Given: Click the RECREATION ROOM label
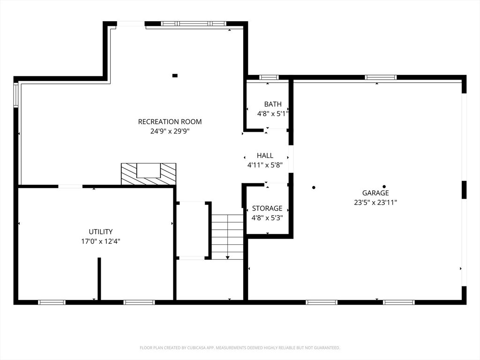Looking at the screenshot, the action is coord(170,121).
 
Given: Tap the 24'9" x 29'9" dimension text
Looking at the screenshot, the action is coord(170,131).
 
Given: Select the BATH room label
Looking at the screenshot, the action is coord(273,104).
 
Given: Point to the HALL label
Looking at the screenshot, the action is coord(265,155).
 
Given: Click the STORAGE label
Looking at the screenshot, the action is coord(267,208).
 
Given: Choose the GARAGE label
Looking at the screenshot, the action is coord(375,193).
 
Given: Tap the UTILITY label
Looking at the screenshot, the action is coord(101,232).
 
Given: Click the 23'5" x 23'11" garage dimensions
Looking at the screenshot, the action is coord(375,202).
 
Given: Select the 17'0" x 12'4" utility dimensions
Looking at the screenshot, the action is coord(101,241).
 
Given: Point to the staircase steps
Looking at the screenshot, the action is coord(227,237).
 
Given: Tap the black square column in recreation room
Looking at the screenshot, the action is coord(175,75).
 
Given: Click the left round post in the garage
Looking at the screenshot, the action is coord(314,187).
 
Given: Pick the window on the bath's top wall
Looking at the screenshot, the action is coord(269,77).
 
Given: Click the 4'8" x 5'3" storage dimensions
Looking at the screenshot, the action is coord(267,218).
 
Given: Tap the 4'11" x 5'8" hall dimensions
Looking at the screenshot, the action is coord(265,165).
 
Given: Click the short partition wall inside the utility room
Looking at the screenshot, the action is coord(99,279).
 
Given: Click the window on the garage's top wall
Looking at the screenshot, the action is coord(381,77).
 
